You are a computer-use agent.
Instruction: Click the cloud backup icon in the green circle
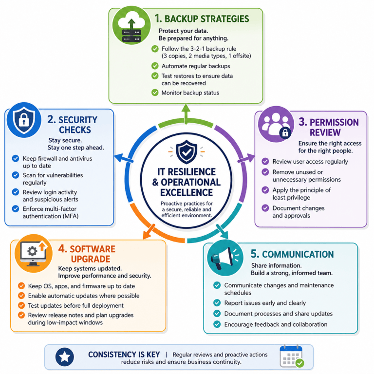click(131, 25)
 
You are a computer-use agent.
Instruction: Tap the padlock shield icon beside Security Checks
click(24, 120)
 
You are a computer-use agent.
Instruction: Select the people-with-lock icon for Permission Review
click(276, 124)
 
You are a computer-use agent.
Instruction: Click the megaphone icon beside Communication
click(225, 258)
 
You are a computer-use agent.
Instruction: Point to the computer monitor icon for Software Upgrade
click(34, 253)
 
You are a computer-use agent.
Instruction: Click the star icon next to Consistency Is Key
click(65, 357)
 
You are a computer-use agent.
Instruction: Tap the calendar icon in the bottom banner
click(292, 356)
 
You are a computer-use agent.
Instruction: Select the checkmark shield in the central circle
click(187, 152)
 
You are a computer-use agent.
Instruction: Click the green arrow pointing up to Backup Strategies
click(186, 114)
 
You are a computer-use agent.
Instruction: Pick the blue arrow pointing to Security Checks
click(124, 158)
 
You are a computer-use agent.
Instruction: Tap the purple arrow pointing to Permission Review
click(246, 158)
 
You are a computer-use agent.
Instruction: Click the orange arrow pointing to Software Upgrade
click(149, 232)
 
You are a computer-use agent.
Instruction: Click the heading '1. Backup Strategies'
click(202, 19)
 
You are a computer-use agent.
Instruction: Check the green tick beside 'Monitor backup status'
click(155, 93)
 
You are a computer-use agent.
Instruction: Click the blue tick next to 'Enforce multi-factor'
click(16, 209)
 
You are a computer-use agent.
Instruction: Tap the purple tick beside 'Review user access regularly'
click(265, 161)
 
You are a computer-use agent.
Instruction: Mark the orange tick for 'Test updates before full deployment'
click(21, 305)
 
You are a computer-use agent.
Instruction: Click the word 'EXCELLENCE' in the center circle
click(187, 192)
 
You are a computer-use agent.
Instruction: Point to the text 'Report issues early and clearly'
click(265, 303)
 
